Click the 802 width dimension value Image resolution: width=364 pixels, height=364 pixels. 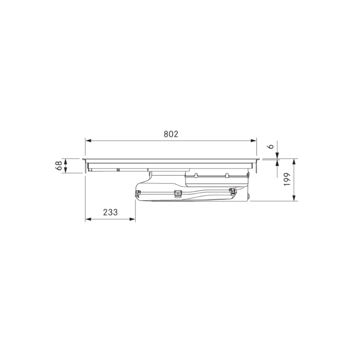tap(171, 134)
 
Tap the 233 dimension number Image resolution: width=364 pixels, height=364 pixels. tap(111, 212)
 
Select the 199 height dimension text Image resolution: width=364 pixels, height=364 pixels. tap(288, 179)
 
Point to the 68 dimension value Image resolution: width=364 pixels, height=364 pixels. tap(59, 166)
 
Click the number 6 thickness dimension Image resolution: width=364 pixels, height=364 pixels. tap(271, 147)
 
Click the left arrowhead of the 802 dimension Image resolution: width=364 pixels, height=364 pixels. tap(88, 141)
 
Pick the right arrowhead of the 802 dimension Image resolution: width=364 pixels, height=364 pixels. tap(253, 141)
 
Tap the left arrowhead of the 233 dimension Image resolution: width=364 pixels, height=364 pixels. tap(88, 219)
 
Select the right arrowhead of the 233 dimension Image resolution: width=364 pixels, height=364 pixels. tap(132, 219)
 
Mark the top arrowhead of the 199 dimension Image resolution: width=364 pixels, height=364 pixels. tap(294, 162)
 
